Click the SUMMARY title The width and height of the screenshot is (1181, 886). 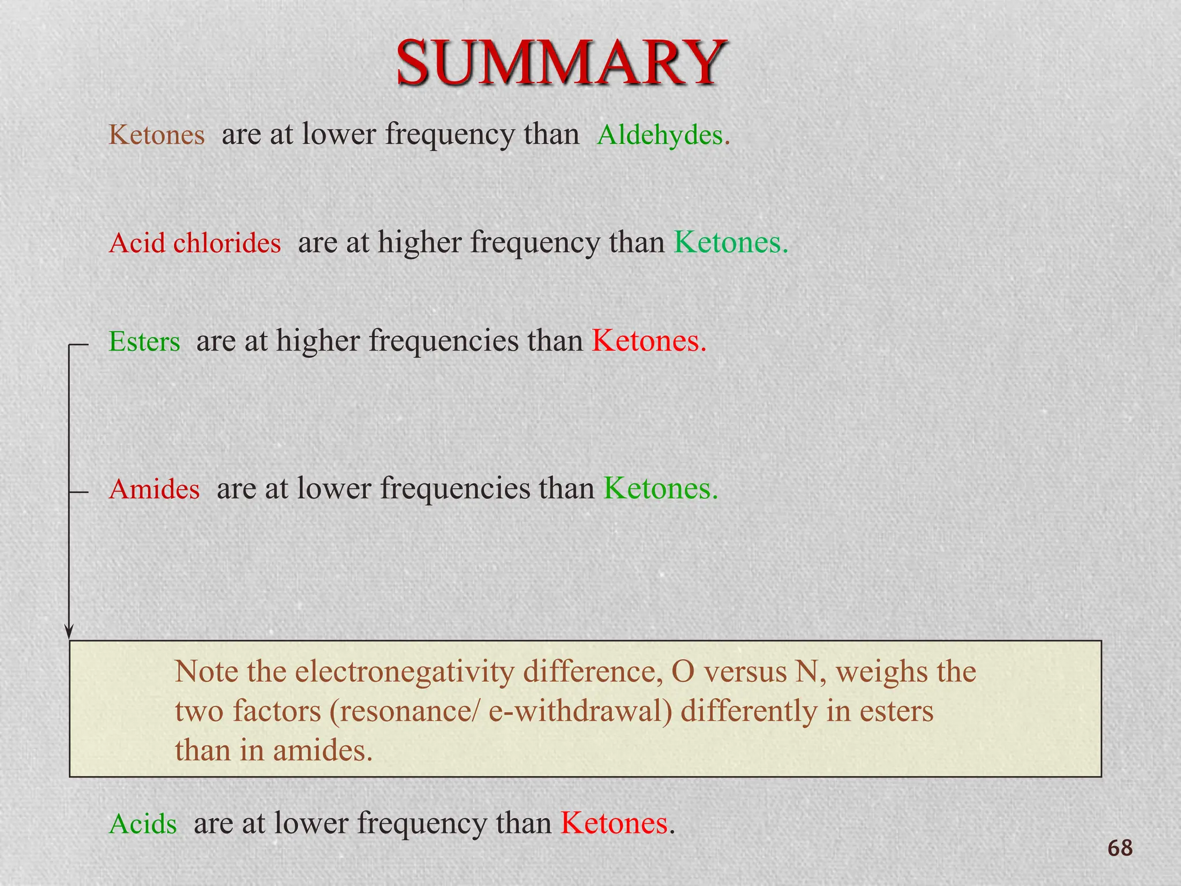pyautogui.click(x=561, y=62)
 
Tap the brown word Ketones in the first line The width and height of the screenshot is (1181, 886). pyautogui.click(x=156, y=135)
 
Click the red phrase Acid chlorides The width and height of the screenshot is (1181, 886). pyautogui.click(x=195, y=243)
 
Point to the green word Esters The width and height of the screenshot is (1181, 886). pyautogui.click(x=144, y=341)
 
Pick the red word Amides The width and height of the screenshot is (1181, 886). pyautogui.click(x=154, y=490)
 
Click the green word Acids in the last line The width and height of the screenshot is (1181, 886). pyautogui.click(x=142, y=824)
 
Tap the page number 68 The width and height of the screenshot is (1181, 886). pyautogui.click(x=1120, y=849)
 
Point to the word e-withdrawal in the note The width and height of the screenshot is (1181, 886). pyautogui.click(x=580, y=711)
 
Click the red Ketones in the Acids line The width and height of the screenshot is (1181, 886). pyautogui.click(x=614, y=823)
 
